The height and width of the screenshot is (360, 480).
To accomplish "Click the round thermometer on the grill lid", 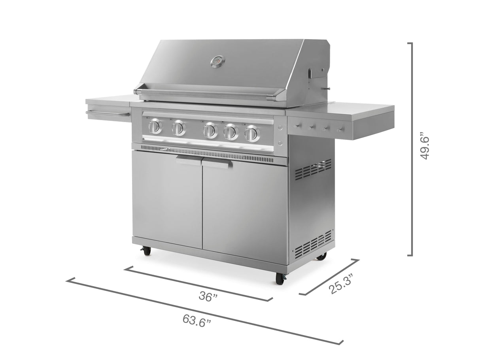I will pos(217,62).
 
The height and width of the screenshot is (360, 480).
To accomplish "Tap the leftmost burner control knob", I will pos(155,126).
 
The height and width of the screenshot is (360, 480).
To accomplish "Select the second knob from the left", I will pos(179,128).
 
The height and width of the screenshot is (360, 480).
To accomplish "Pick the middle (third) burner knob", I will pos(210,130).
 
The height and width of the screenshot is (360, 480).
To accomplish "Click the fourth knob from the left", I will pos(231,132).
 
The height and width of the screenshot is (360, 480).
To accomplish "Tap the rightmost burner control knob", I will pos(252,133).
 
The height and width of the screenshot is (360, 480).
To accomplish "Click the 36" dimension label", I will pos(208,296).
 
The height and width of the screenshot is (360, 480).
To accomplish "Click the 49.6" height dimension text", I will pos(425,146).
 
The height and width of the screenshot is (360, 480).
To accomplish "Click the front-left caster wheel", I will pos(147,251).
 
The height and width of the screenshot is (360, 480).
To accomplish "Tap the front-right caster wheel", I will pos(280,279).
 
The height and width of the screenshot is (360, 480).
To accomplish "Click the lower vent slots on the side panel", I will pos(313,243).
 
